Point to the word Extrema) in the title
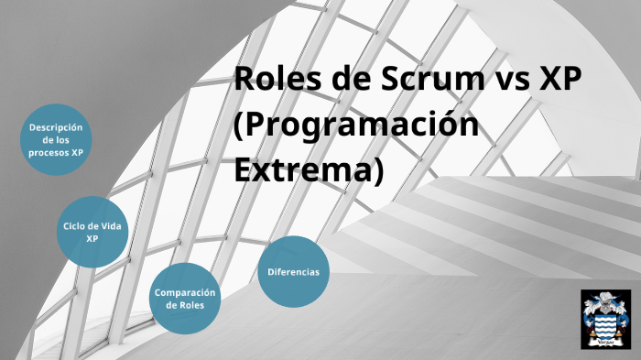click(307, 170)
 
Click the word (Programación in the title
click(356, 125)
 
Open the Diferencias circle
click(293, 272)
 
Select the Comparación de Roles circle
click(186, 299)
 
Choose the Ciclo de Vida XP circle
click(92, 232)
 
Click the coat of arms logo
click(605, 318)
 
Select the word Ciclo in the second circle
click(76, 225)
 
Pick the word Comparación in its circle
click(186, 292)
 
